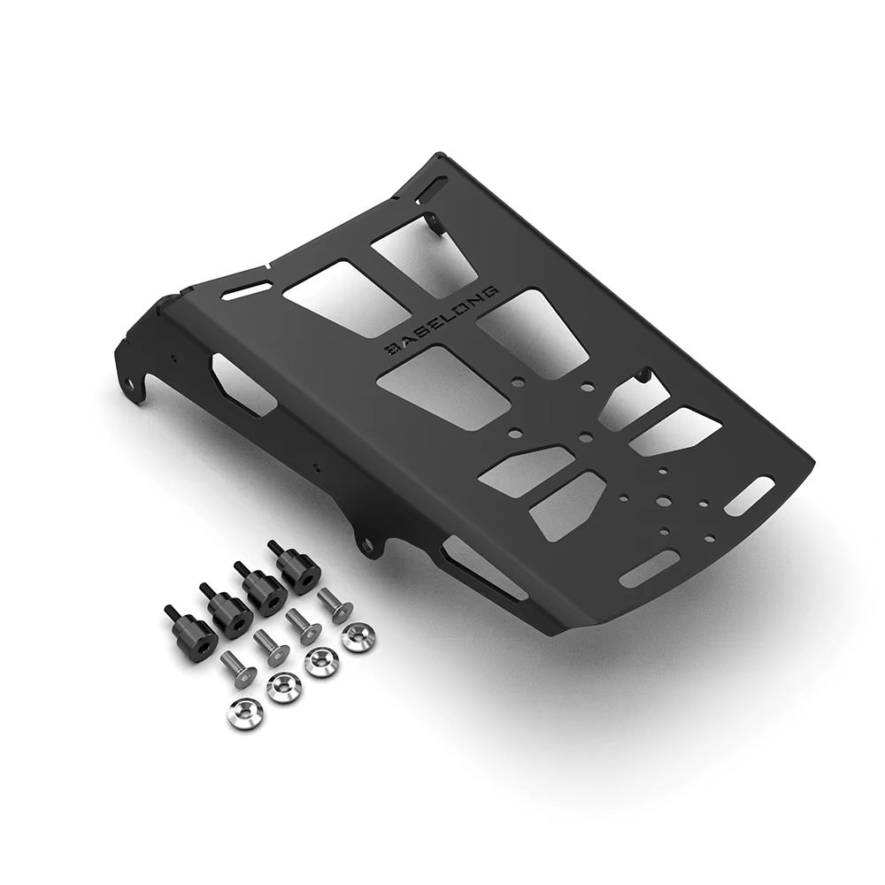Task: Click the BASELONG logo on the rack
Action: pyautogui.click(x=442, y=322)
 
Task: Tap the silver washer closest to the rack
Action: pyautogui.click(x=357, y=638)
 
